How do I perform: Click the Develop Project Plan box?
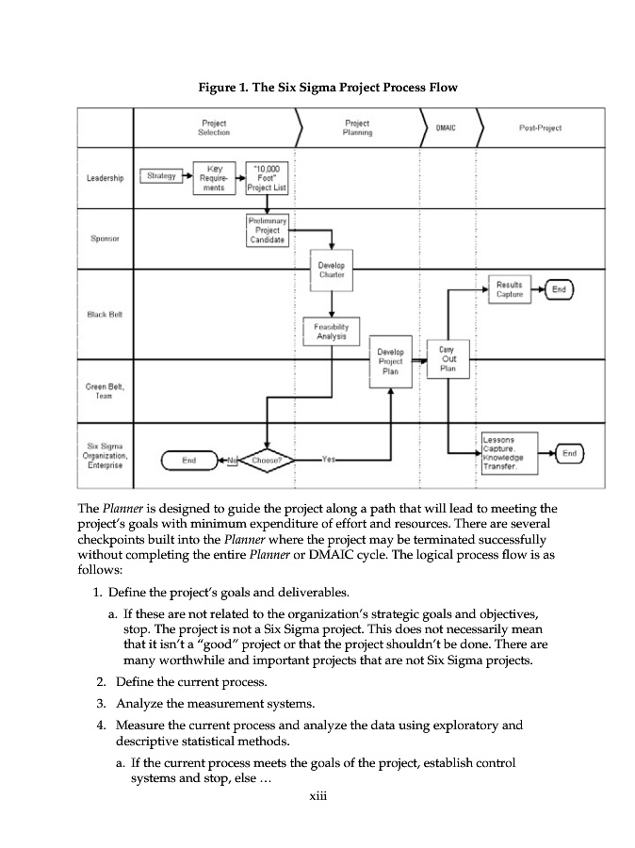click(390, 360)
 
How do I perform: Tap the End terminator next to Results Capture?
click(560, 290)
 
